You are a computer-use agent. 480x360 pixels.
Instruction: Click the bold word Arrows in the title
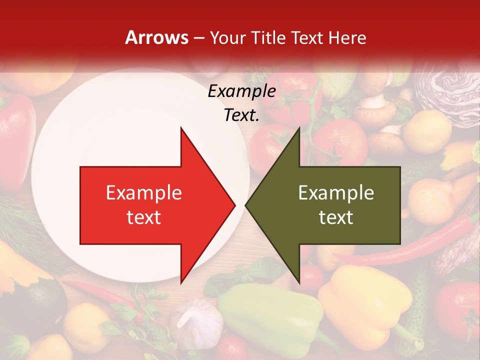(x=156, y=37)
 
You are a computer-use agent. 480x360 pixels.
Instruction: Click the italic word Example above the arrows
(x=241, y=91)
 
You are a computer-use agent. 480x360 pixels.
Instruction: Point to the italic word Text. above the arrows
(x=241, y=115)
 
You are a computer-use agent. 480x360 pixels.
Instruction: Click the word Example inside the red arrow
(x=144, y=193)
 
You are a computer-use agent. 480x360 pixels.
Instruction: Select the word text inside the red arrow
(x=144, y=217)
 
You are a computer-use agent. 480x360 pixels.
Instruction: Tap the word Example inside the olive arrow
(x=336, y=193)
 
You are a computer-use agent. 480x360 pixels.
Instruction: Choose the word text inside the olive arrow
(x=336, y=217)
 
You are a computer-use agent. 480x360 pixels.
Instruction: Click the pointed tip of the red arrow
(x=233, y=205)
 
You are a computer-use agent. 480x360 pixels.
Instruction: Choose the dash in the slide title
(x=199, y=38)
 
